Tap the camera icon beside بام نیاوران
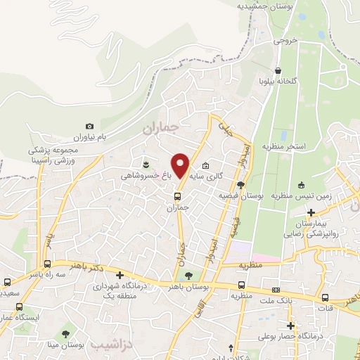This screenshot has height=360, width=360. [89, 126]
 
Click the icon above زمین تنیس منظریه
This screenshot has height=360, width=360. [302, 186]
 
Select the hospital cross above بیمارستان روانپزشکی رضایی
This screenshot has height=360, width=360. [311, 212]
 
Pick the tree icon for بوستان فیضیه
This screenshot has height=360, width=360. [241, 185]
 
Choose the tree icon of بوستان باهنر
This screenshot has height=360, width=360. [187, 275]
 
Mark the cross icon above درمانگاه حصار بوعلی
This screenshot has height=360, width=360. [290, 325]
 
